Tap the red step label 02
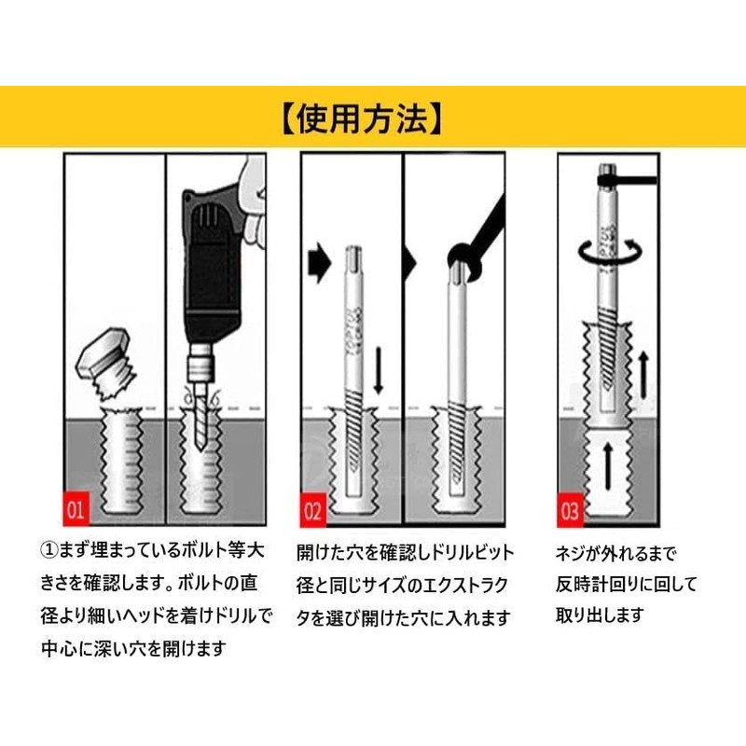[x=312, y=509]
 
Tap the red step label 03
[x=570, y=510]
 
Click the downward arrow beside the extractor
[x=379, y=369]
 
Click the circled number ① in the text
[x=51, y=552]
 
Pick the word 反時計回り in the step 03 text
[x=599, y=585]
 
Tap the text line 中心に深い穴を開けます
[x=132, y=648]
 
